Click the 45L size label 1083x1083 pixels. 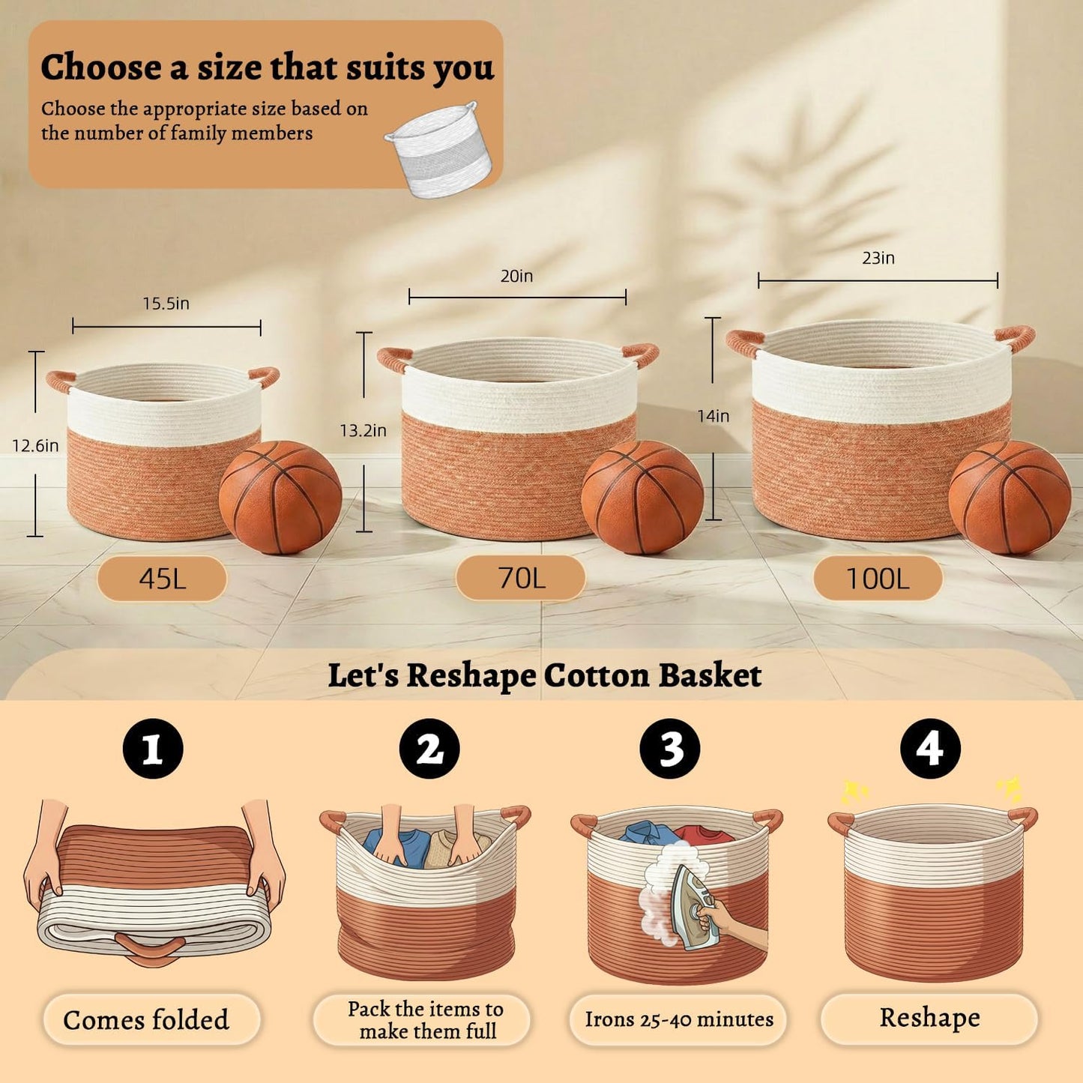pos(162,579)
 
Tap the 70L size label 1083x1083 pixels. pos(520,578)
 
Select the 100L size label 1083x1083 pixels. pos(878,578)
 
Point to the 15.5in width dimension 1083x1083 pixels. pos(166,304)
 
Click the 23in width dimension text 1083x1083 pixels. pos(878,258)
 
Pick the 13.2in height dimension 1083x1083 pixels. pos(363,430)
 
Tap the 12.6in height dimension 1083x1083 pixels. pos(35,446)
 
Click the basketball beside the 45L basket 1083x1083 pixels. pos(280,498)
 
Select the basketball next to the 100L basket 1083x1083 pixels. pos(1010,497)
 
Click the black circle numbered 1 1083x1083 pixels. pos(153,749)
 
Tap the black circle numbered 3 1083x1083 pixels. pos(669,749)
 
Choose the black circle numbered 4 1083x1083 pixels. pos(929,749)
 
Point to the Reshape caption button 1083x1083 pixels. pos(929,1018)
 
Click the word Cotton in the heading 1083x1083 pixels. pos(597,675)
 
